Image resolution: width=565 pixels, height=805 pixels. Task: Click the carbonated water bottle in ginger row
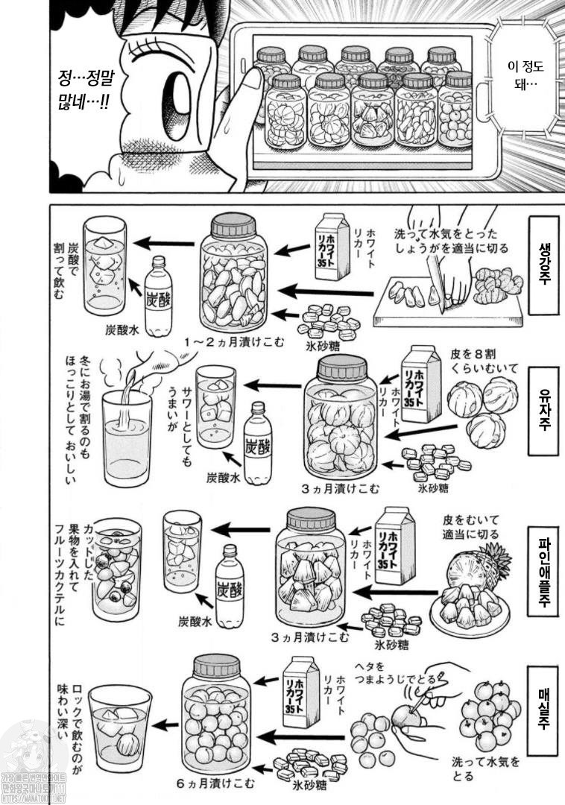(x=159, y=297)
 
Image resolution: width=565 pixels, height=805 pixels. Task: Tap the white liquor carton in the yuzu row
(x=420, y=385)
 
